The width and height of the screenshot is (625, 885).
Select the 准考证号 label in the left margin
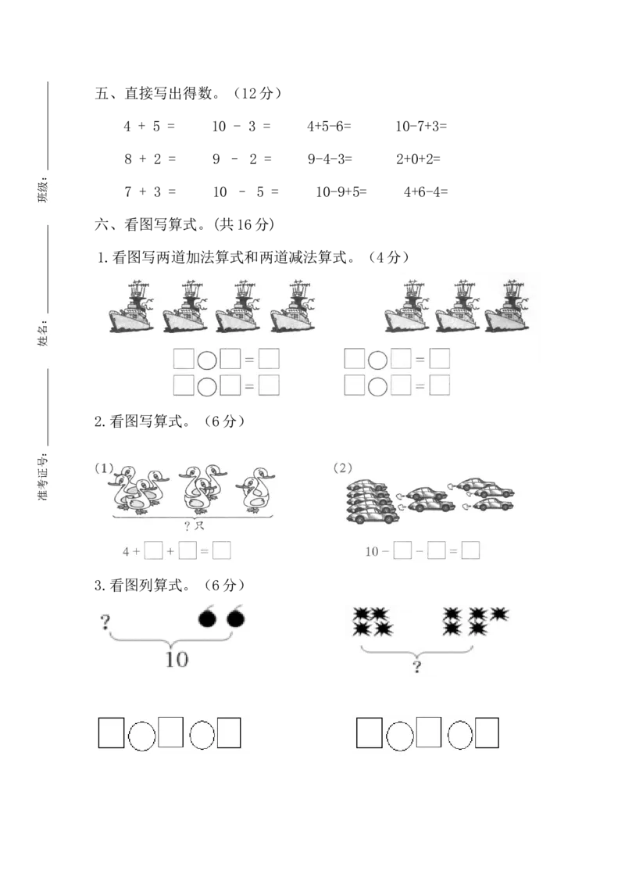pos(44,477)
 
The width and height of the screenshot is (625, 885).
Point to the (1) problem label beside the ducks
pos(104,468)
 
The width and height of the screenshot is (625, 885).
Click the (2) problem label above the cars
pos(342,468)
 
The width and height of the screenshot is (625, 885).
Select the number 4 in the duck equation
pos(126,551)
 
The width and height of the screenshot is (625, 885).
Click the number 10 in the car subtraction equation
pos(372,551)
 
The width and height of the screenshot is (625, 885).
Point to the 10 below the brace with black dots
pos(177,659)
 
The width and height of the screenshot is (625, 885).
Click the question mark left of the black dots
pos(105,622)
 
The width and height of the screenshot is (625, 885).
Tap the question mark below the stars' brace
pos(417,666)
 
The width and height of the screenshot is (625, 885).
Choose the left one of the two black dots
pos(207,619)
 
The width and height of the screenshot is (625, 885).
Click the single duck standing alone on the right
pos(258,491)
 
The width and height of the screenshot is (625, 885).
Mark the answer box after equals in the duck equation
pos(222,551)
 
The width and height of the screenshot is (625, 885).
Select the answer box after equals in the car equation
pos(470,551)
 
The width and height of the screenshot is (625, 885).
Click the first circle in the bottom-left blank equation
pos(141,735)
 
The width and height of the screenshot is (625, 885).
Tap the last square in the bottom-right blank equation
pos(487,733)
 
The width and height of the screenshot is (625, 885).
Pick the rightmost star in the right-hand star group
pos(498,614)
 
